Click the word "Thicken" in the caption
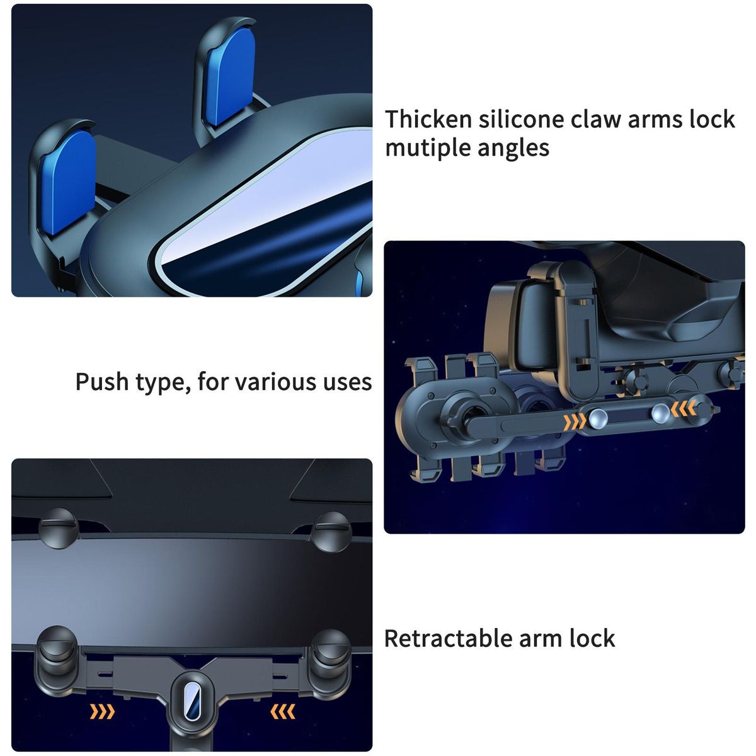tap(428, 119)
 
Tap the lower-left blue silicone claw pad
tap(67, 183)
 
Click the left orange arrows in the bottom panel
tap(102, 712)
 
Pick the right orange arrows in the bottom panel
tap(282, 712)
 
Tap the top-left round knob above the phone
tap(59, 529)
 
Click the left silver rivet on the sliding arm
tap(598, 418)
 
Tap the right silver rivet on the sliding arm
tap(660, 413)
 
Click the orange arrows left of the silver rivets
tap(575, 421)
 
